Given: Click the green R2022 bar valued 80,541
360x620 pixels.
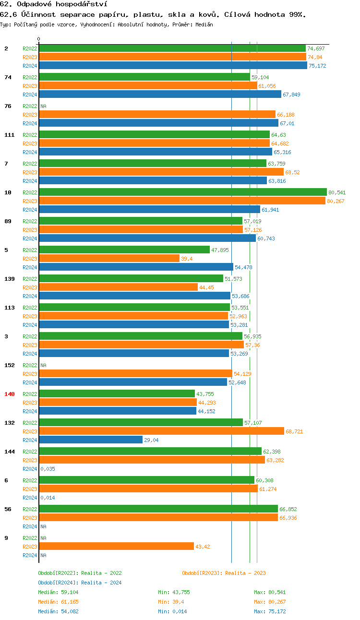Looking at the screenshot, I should pyautogui.click(x=182, y=192).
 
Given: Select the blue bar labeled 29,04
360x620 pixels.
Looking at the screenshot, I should pyautogui.click(x=91, y=440).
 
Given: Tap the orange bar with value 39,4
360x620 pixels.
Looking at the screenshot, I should pyautogui.click(x=109, y=258).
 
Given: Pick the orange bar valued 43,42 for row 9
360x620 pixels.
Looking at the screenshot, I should pyautogui.click(x=116, y=546).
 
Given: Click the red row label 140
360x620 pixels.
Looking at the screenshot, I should pyautogui.click(x=10, y=394).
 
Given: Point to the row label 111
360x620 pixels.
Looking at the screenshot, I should pyautogui.click(x=10, y=135).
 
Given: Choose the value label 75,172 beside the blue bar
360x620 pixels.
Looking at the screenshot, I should pyautogui.click(x=317, y=66).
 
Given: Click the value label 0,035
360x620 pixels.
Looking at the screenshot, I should pyautogui.click(x=48, y=469).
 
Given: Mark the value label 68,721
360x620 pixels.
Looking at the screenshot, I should pyautogui.click(x=294, y=431).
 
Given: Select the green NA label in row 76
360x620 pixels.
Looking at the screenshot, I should pyautogui.click(x=43, y=106).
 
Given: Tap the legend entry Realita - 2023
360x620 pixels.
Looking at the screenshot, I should pyautogui.click(x=224, y=573).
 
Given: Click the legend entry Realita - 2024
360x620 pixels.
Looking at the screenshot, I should pyautogui.click(x=80, y=583).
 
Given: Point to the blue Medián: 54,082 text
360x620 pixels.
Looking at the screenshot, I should pyautogui.click(x=58, y=611).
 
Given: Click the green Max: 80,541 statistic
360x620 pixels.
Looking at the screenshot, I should pyautogui.click(x=270, y=592).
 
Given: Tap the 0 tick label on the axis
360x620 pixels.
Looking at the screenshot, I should pyautogui.click(x=39, y=39).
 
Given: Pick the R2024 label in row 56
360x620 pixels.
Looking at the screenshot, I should pyautogui.click(x=30, y=526).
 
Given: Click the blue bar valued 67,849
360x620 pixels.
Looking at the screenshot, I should pyautogui.click(x=160, y=94).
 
